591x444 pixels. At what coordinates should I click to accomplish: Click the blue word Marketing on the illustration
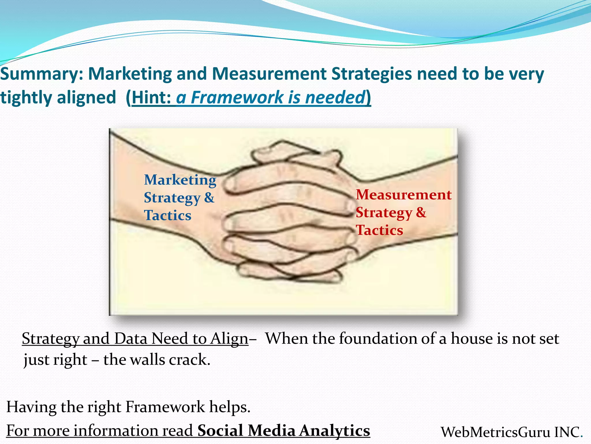pyautogui.click(x=180, y=180)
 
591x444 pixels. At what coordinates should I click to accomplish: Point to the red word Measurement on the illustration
pyautogui.click(x=403, y=195)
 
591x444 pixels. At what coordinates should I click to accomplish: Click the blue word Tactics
pyautogui.click(x=168, y=216)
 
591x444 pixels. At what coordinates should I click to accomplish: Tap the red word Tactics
pyautogui.click(x=379, y=230)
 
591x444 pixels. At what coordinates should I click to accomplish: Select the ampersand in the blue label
pyautogui.click(x=209, y=198)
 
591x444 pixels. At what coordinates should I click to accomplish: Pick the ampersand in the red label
pyautogui.click(x=421, y=212)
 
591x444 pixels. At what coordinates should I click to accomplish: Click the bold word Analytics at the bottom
pyautogui.click(x=334, y=431)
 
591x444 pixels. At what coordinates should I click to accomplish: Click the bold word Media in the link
pyautogui.click(x=272, y=431)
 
